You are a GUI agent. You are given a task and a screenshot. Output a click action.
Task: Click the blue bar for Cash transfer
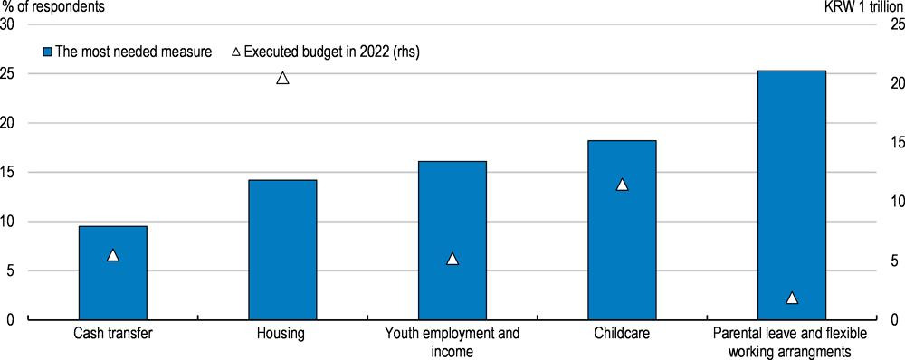113,273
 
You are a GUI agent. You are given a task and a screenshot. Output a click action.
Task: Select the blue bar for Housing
282,250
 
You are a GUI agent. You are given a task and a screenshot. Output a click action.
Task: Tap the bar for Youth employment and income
452,241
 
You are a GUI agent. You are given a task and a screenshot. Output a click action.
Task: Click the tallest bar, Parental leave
792,195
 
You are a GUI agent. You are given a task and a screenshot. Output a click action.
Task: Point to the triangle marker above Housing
282,78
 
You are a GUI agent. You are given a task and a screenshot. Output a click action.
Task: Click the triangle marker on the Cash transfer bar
113,255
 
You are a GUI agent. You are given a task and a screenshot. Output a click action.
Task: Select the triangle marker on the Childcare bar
623,185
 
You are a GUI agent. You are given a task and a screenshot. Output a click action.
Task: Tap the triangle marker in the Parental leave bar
792,298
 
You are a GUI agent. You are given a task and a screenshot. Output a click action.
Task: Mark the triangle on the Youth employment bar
452,259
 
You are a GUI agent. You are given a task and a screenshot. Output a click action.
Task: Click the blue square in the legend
48,52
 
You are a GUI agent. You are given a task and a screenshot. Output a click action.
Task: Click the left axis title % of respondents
52,7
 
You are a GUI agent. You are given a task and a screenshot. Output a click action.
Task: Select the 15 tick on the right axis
884,143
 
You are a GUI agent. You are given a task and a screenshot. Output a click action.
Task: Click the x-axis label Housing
282,334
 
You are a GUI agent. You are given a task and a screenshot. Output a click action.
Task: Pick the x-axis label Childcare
623,334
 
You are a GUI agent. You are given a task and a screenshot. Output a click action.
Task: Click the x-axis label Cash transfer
113,334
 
